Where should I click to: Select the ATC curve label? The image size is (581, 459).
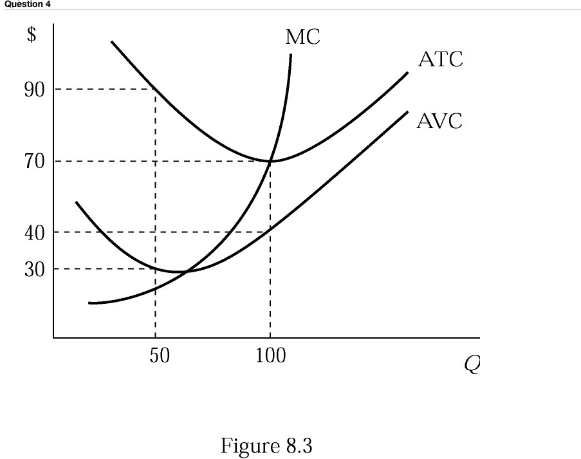click(440, 61)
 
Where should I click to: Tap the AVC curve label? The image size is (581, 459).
click(439, 120)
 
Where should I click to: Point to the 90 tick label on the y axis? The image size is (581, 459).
click(35, 89)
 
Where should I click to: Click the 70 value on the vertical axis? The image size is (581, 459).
click(35, 161)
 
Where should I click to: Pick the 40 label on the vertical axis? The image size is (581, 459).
click(35, 232)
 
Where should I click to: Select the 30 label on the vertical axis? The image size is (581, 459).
click(35, 268)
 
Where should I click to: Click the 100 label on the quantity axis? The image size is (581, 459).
click(270, 355)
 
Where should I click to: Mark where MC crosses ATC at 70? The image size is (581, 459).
click(270, 161)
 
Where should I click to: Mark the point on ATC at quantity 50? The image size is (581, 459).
click(156, 89)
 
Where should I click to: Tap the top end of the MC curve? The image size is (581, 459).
click(291, 55)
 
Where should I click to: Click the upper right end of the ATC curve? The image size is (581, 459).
click(408, 73)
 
